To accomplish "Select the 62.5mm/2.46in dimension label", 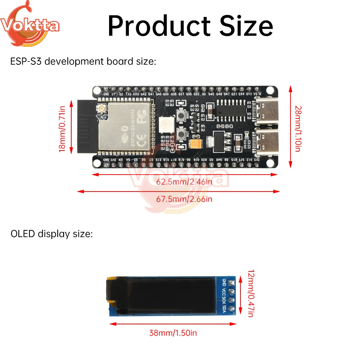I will tap(184, 182).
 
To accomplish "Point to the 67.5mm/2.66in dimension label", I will tap(184, 199).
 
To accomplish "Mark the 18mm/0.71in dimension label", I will tap(63, 129).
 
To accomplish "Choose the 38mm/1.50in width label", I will tap(173, 333).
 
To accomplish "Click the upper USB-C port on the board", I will tap(267, 110).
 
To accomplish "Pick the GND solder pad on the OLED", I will tap(231, 282).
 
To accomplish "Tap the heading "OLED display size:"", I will tap(52, 234).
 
